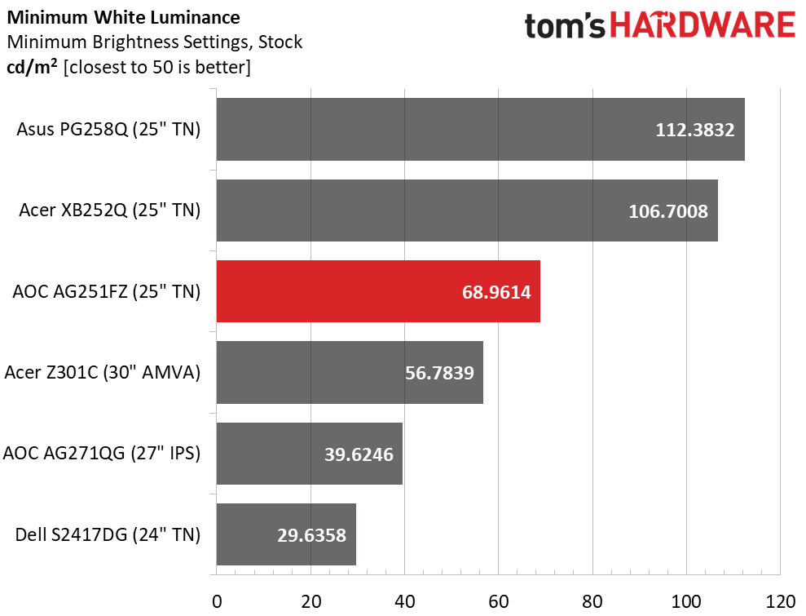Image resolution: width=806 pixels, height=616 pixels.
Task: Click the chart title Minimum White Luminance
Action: point(123,16)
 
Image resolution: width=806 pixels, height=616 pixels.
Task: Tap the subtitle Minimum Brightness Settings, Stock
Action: point(154,41)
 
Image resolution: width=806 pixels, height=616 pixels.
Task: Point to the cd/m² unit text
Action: point(32,66)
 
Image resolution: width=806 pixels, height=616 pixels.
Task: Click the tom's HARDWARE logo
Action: point(659,25)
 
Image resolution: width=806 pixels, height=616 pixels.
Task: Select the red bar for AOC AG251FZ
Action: point(378,291)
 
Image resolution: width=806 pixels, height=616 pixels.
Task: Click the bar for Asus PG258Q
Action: point(480,129)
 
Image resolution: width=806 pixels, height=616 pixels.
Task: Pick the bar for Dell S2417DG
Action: point(286,535)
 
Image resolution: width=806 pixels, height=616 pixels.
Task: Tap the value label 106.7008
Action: point(668,211)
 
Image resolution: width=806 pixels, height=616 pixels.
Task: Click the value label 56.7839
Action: point(439,373)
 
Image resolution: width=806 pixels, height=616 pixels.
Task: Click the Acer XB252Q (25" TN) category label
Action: point(110,211)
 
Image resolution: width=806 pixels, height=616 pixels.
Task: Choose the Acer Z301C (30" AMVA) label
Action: point(103,373)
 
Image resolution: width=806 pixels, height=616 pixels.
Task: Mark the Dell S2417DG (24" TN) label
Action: point(108,535)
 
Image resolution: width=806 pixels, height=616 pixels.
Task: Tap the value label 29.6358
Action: point(307,535)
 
